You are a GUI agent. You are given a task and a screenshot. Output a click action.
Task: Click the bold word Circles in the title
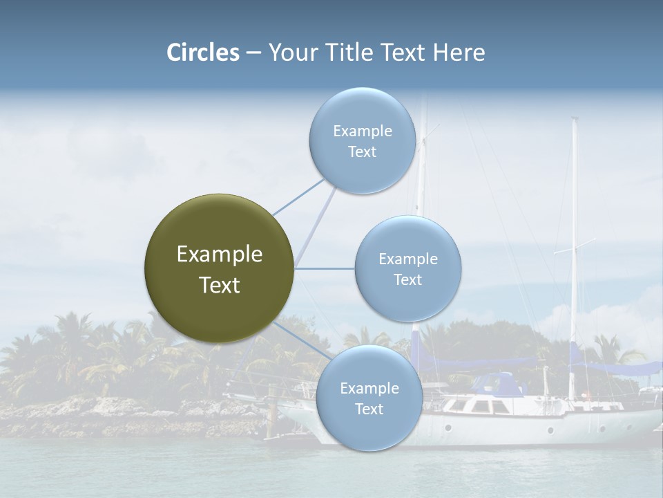point(202,53)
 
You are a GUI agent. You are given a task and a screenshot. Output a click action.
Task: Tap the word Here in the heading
point(459,53)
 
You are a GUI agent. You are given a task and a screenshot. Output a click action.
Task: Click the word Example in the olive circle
point(220,255)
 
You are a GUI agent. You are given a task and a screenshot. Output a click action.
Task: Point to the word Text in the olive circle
point(220,285)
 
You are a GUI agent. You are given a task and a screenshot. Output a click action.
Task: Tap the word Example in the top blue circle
point(363,131)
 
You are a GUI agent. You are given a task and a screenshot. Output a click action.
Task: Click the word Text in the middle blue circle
point(407,280)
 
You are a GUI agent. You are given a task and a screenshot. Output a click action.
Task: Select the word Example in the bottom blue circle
point(369,389)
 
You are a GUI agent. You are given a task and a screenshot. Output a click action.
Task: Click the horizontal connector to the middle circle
point(325,268)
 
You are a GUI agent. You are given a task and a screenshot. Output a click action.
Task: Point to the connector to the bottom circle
point(304,339)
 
